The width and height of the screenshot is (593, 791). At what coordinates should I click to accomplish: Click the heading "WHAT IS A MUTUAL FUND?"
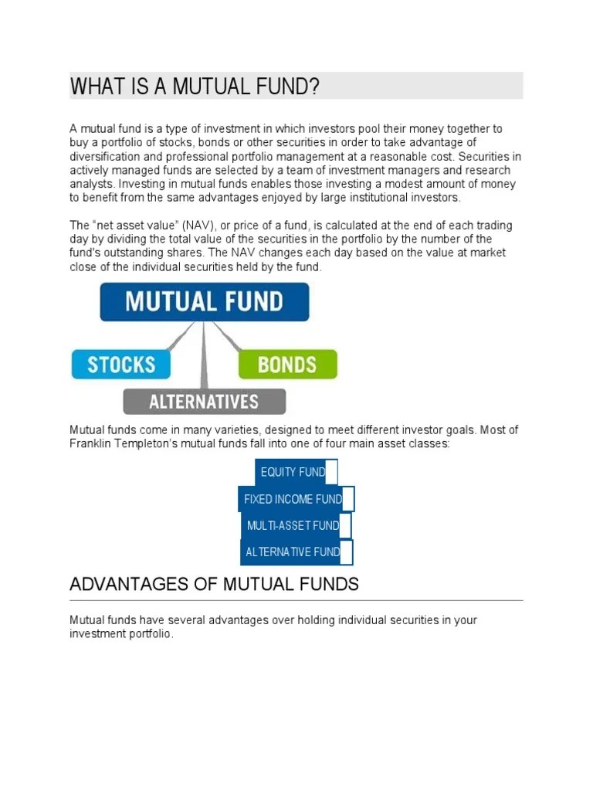[195, 87]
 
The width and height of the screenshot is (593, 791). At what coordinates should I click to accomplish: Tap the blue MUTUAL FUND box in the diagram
[205, 301]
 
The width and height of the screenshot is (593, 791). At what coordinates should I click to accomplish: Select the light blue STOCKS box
[121, 364]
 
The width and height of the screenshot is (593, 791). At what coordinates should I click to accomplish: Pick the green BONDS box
[287, 364]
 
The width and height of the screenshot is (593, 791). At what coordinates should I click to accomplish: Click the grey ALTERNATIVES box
[204, 402]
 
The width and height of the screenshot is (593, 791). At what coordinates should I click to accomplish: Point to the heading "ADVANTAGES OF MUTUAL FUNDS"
[214, 584]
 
